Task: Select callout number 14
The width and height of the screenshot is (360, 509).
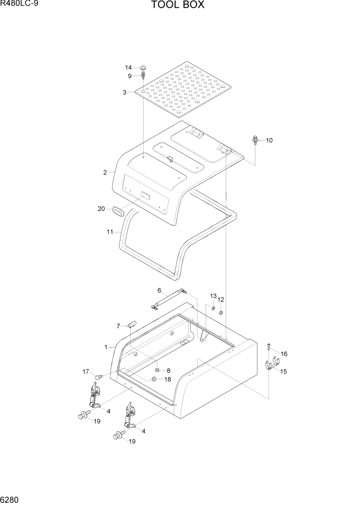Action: click(129, 68)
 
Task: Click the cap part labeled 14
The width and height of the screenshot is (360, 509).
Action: click(143, 67)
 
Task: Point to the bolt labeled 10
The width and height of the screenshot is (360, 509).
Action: click(255, 140)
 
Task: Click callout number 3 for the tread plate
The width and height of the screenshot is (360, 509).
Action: click(125, 92)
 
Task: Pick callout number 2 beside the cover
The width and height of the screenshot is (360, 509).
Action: click(105, 172)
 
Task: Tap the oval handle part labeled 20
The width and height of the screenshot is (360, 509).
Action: click(118, 210)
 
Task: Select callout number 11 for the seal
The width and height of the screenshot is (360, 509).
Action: click(110, 232)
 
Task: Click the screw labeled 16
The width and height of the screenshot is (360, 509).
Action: click(269, 347)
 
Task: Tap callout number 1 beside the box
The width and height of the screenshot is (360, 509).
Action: click(106, 347)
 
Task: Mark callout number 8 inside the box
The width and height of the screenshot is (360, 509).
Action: click(168, 370)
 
